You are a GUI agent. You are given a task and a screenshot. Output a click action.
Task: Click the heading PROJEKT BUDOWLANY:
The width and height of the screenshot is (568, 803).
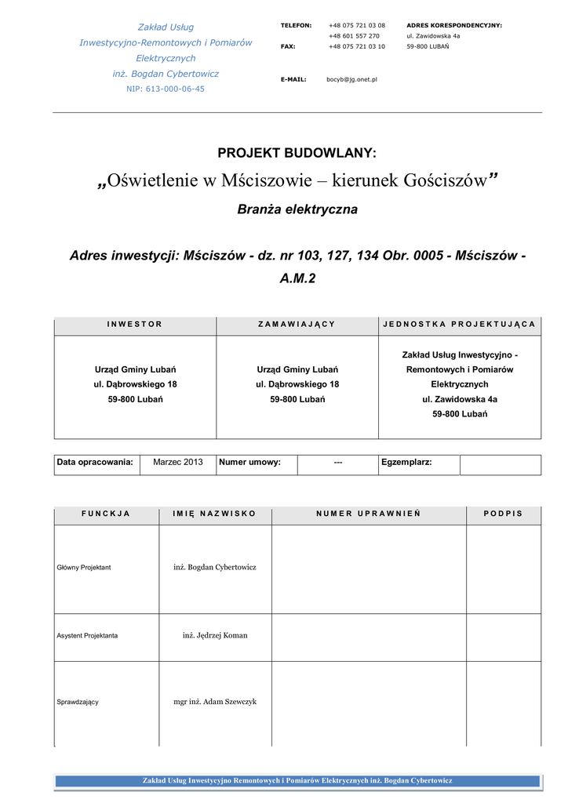[x=297, y=153]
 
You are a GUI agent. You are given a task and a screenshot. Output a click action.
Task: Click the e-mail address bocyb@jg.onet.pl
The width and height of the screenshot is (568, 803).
[x=351, y=79]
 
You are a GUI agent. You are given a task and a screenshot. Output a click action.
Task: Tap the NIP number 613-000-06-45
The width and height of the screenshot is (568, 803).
[x=166, y=89]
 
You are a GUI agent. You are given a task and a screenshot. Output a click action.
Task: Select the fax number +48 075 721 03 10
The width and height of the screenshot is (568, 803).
[x=357, y=46]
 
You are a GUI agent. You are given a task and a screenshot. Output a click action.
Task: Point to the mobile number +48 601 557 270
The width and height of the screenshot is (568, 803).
[x=354, y=36]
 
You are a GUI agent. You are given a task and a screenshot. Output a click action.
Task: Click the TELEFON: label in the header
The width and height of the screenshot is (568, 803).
[x=296, y=26]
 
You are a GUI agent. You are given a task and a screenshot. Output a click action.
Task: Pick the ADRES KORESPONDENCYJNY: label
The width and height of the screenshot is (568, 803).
[x=454, y=26]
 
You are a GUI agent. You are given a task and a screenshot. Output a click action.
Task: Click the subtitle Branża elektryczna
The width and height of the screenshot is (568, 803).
[x=297, y=209]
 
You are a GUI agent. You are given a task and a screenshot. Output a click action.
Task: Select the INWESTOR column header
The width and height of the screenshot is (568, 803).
[x=135, y=324]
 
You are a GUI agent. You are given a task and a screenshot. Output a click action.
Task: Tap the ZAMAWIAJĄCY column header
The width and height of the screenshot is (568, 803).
[x=297, y=324]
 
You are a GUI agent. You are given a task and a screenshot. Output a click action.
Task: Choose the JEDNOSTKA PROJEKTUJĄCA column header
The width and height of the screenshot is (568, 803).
[x=460, y=324]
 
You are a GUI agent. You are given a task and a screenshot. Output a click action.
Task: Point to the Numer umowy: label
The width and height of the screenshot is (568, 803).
[x=249, y=463]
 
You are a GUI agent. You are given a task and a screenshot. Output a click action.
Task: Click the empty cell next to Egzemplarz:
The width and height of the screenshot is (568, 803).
[x=500, y=464]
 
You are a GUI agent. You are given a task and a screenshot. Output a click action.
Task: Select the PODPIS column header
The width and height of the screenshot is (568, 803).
[x=503, y=514]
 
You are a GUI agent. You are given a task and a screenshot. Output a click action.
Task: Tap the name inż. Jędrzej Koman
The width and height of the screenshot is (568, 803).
[x=215, y=635]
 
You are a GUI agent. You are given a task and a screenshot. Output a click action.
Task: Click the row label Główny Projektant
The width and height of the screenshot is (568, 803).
[x=84, y=567]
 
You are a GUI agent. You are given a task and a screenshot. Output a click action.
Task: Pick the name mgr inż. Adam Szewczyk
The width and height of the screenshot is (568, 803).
[x=215, y=702]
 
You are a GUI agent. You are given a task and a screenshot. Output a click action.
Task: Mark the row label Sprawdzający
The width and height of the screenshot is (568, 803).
[x=78, y=702]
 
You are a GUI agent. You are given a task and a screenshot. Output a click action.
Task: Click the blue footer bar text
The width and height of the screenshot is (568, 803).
[x=297, y=780]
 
